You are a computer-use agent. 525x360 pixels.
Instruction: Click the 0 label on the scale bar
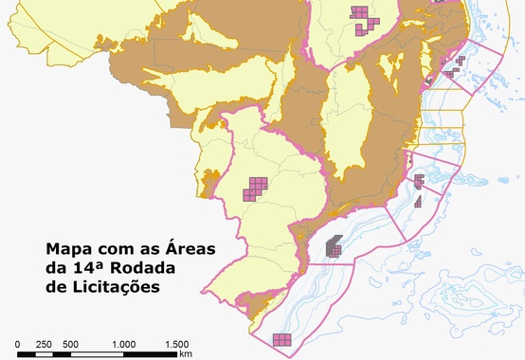coord(17,344)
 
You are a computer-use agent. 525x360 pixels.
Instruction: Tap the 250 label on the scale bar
coord(44,344)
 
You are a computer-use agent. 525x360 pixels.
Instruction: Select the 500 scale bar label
coord(70,344)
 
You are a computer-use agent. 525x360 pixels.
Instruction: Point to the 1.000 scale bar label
coord(123,344)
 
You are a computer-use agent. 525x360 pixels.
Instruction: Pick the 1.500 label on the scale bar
coord(176,344)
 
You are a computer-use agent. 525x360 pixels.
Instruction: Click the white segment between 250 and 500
coord(57,354)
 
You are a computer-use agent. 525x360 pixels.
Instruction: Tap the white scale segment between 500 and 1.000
coord(97,354)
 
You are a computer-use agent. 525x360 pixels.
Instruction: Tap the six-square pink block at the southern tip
coord(282,339)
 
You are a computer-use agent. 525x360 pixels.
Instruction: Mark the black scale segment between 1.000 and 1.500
coord(150,354)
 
